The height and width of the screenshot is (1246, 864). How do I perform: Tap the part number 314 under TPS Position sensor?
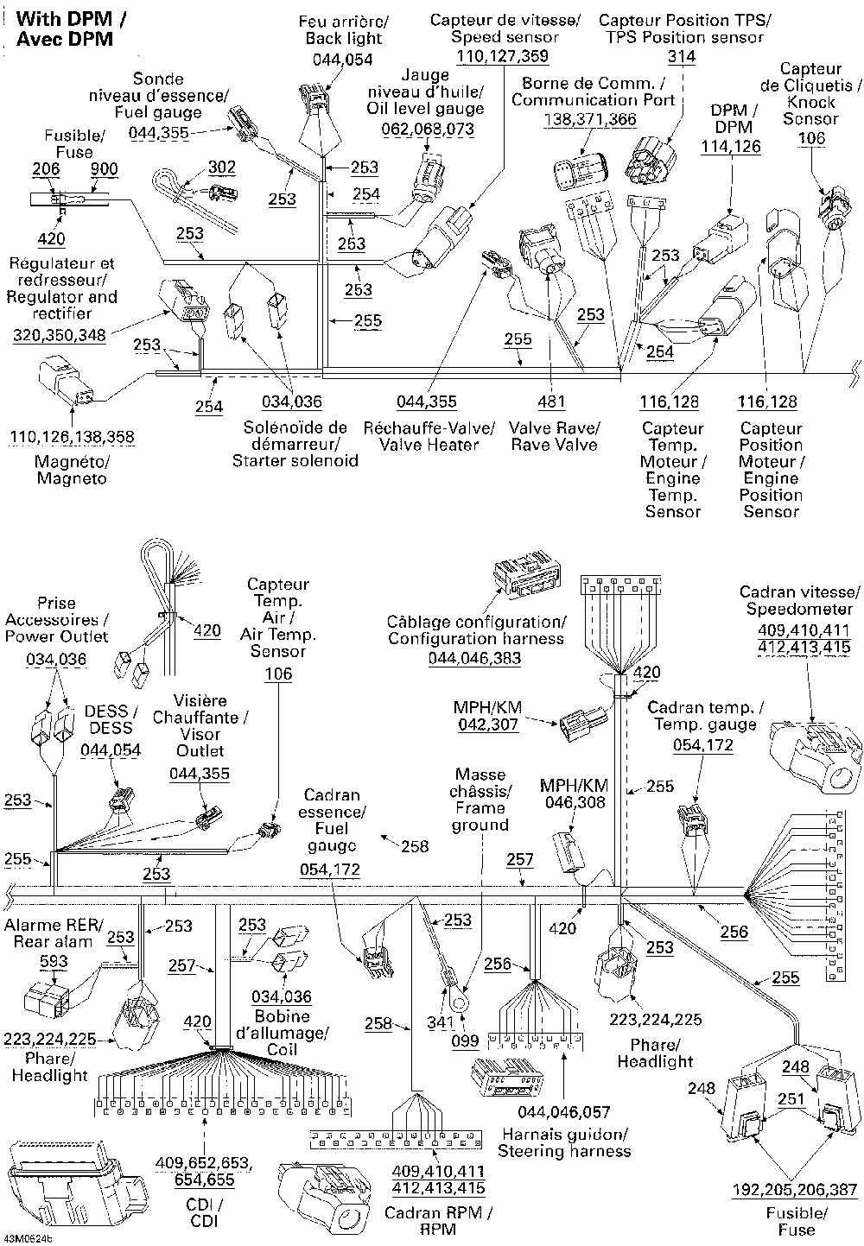click(682, 56)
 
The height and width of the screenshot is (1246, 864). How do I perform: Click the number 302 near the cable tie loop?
click(222, 167)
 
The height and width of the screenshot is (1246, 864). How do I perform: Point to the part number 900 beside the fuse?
click(104, 168)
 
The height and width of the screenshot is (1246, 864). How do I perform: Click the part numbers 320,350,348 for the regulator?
click(60, 335)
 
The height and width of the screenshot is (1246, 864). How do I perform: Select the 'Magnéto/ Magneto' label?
click(72, 470)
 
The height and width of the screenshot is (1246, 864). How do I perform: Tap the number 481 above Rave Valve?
click(552, 401)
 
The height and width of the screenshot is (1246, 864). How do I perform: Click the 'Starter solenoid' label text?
click(295, 460)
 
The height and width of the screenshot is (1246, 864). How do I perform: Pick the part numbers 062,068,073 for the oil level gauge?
click(428, 129)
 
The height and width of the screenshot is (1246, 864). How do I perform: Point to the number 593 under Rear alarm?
click(54, 961)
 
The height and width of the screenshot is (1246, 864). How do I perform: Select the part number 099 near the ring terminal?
click(465, 1040)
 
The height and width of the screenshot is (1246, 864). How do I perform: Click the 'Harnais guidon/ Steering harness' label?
click(564, 1142)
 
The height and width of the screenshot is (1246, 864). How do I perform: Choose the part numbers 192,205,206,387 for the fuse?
click(794, 1190)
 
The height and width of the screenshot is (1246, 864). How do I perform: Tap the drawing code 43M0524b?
click(28, 1239)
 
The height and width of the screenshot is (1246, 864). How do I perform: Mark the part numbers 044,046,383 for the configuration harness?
click(475, 658)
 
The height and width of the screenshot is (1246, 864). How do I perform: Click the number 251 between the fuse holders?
click(791, 1098)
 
